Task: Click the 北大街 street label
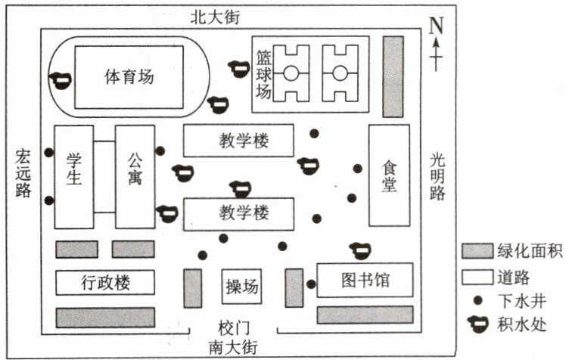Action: coord(215,17)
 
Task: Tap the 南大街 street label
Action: coord(233,348)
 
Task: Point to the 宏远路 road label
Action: coord(23,173)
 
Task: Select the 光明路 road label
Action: coord(437,176)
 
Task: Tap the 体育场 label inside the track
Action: coord(129,77)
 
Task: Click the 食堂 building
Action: coord(389,175)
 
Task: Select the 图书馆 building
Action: coord(365,281)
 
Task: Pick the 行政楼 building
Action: coord(105,282)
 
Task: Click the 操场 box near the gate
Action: coord(241,287)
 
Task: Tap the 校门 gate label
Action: coord(234,329)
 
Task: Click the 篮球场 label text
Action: coord(264,74)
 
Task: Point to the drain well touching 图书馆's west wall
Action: coord(311,284)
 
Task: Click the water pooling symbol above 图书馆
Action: coord(361,250)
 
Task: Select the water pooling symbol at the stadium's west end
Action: coord(61,80)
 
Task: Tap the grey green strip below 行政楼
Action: coord(105,318)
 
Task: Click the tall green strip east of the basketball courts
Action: coord(393,76)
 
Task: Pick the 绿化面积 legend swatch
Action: coord(477,251)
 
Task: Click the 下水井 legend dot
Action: coord(478,301)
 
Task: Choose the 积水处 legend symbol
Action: coord(478,324)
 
